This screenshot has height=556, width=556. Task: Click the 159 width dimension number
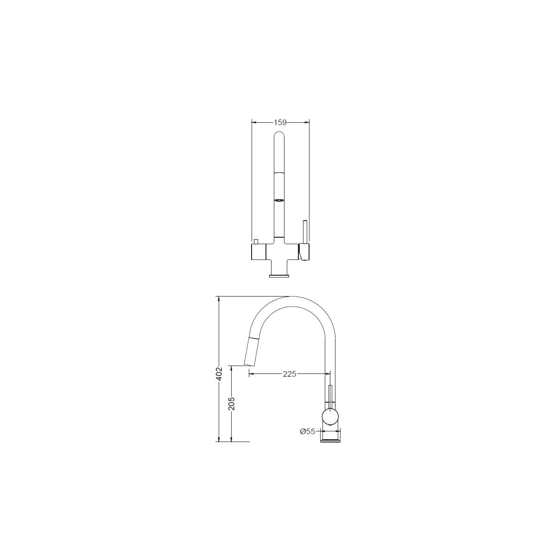point(280,123)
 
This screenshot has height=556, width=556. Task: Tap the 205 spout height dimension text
point(231,404)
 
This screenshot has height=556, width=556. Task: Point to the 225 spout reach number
point(290,374)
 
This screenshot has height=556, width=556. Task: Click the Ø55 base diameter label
point(308,439)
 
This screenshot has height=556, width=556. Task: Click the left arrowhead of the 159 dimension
point(254,123)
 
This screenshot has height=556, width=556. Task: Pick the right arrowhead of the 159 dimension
point(307,123)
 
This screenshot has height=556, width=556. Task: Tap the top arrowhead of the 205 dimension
point(231,368)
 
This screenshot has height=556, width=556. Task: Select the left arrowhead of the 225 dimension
point(251,374)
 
